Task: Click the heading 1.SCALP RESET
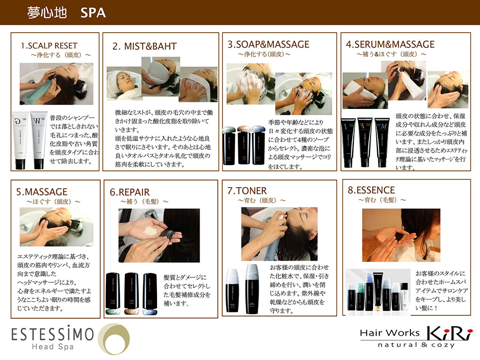click(49, 46)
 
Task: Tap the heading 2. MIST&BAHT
click(144, 46)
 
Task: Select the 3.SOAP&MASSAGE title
click(268, 44)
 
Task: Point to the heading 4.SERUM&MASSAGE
click(390, 44)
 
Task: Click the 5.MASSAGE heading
click(42, 192)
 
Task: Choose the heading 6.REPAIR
click(130, 192)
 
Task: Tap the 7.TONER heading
click(247, 191)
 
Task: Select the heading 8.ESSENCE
click(371, 190)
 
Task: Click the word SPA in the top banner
click(93, 13)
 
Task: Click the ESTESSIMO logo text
click(53, 334)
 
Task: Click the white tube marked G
click(20, 140)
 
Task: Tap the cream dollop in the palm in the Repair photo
click(150, 231)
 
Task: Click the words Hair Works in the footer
click(390, 333)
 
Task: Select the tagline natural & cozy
click(416, 345)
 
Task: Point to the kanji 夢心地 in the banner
click(47, 13)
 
